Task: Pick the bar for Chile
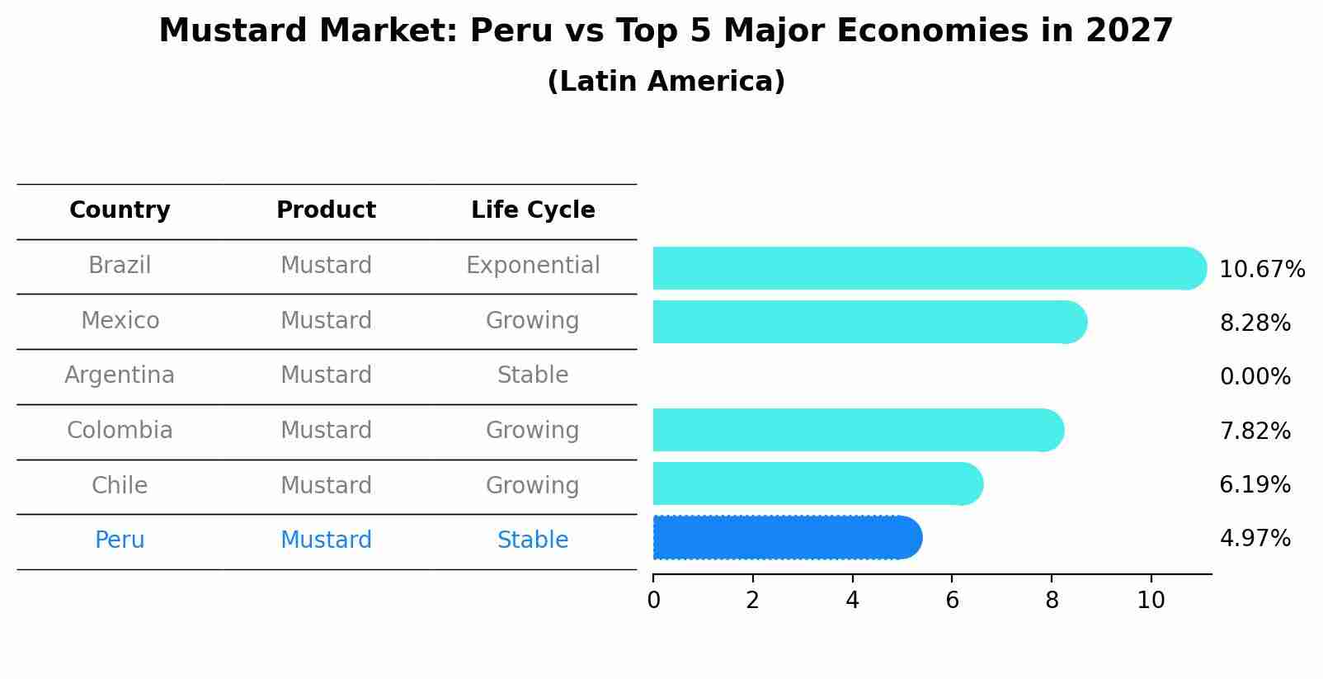pyautogui.click(x=817, y=483)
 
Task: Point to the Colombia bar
pyautogui.click(x=858, y=430)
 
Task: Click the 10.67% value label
pyautogui.click(x=1261, y=270)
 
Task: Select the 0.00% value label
pyautogui.click(x=1255, y=377)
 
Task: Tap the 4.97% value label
pyautogui.click(x=1255, y=539)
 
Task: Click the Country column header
pyautogui.click(x=120, y=210)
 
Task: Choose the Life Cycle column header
pyautogui.click(x=533, y=210)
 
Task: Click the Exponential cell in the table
pyautogui.click(x=533, y=266)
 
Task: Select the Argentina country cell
pyautogui.click(x=120, y=375)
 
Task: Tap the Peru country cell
pyautogui.click(x=120, y=540)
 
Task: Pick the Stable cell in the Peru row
pyautogui.click(x=533, y=540)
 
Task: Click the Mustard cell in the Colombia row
pyautogui.click(x=326, y=431)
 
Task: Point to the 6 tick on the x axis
pyautogui.click(x=952, y=600)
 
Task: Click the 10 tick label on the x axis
pyautogui.click(x=1151, y=601)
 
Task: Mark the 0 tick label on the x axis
pyautogui.click(x=653, y=601)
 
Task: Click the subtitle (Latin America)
pyautogui.click(x=666, y=82)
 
